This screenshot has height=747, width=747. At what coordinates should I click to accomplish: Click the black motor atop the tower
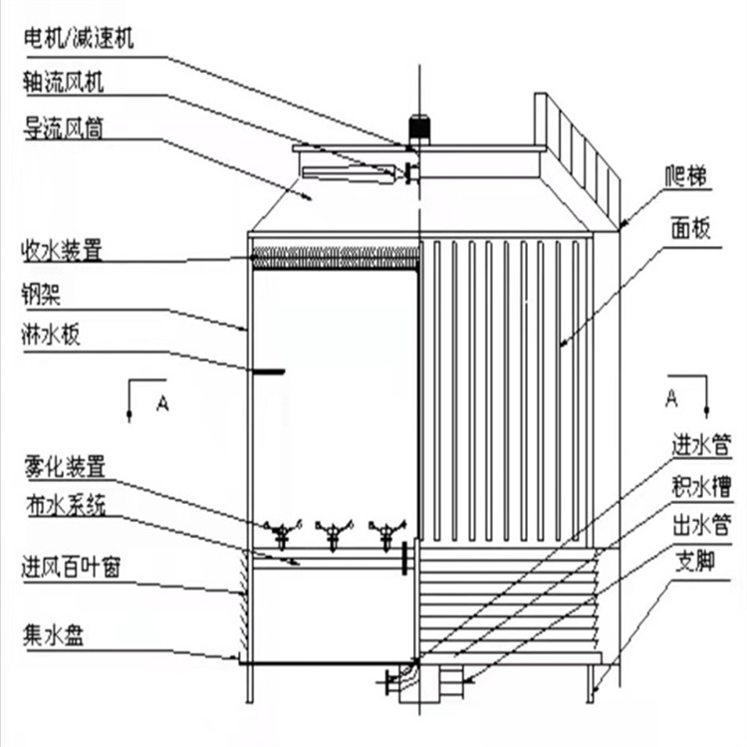coord(419,129)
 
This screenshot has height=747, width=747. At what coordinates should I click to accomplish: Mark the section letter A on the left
coord(161,402)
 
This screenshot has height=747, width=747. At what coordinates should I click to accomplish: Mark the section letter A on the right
coord(671,398)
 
